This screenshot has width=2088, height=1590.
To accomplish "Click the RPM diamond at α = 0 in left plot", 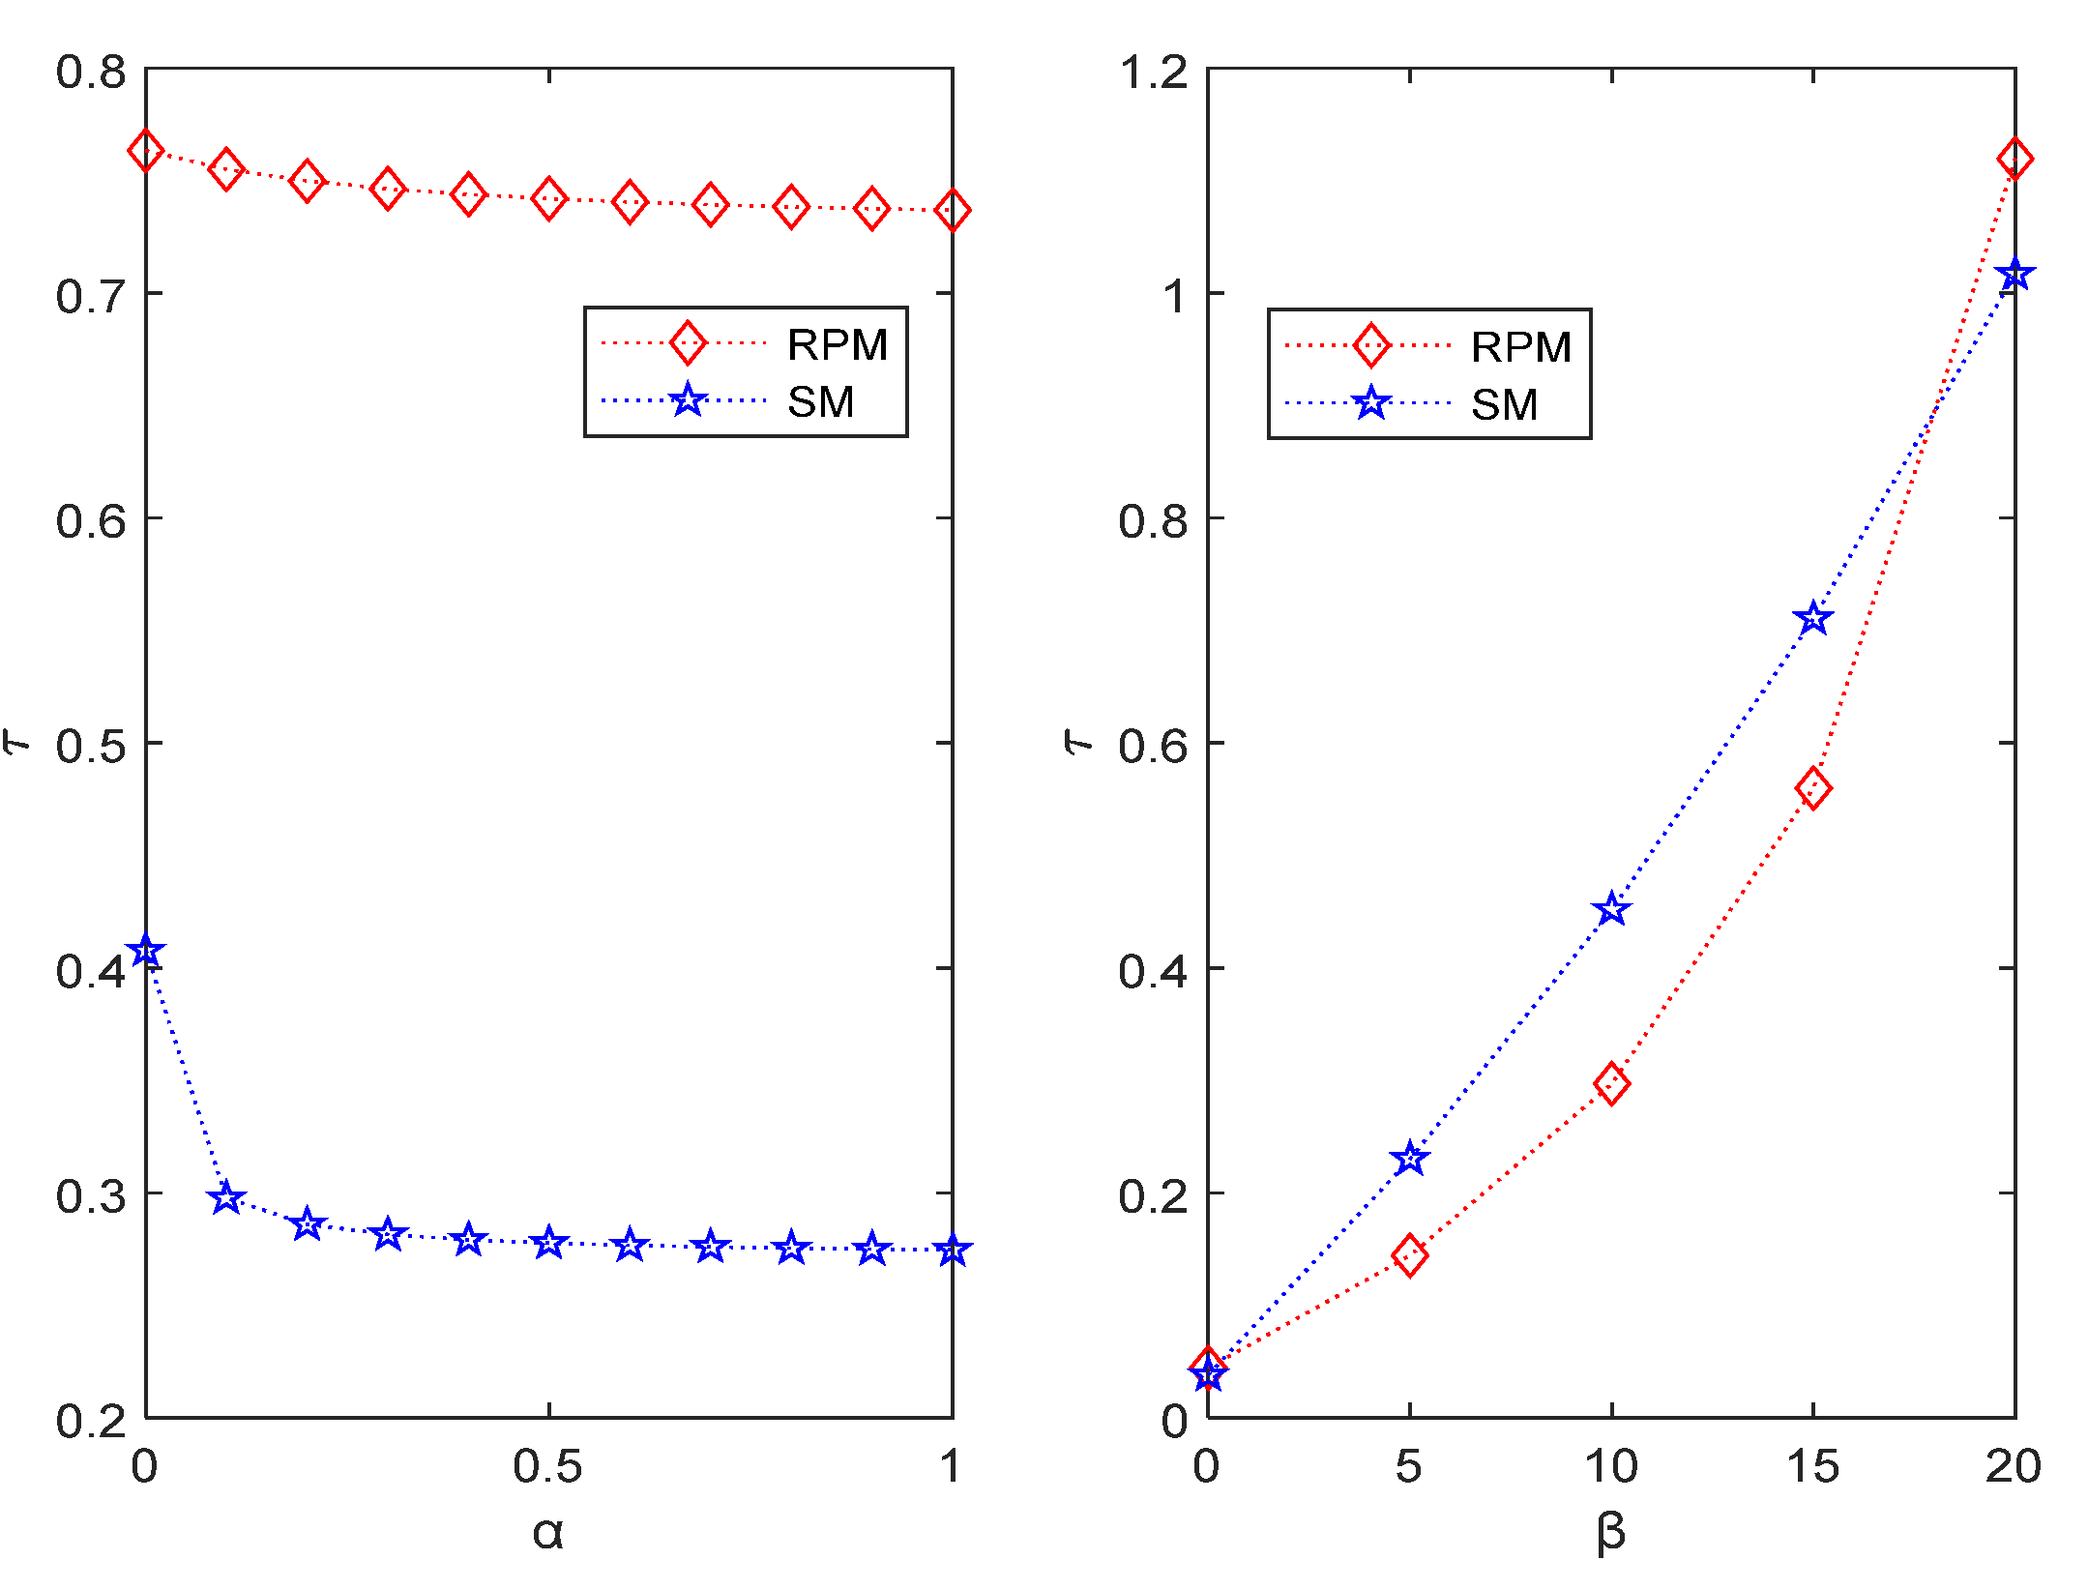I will coord(146,150).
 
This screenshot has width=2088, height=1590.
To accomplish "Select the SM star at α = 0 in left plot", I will coord(146,951).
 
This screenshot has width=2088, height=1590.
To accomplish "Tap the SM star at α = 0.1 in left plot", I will coord(226,1198).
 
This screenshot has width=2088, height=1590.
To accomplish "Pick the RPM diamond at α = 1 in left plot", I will coord(953,210).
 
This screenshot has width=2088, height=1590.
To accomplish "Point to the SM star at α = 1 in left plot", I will coord(953,1250).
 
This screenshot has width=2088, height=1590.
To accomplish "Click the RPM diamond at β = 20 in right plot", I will coord(2014,159).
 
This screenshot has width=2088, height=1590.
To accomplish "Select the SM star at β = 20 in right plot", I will coord(2014,275).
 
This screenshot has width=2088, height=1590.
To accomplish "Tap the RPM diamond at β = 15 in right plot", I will coord(1813,788).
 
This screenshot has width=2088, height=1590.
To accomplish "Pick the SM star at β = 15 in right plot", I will coord(1813,618).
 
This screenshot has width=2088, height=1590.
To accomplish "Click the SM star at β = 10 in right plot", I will coord(1611,909).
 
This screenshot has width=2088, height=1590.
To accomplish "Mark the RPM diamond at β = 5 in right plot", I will coord(1410,1255).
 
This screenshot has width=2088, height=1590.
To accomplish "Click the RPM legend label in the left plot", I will coord(837,345).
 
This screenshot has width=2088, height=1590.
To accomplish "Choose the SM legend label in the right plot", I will coord(1504,404).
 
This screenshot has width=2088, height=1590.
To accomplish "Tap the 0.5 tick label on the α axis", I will coord(548,1467).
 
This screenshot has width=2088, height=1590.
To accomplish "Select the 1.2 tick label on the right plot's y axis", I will coord(1154,73).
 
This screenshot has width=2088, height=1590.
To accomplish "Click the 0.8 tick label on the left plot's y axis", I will coord(91,73).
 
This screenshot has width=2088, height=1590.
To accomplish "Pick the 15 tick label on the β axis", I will coord(1813,1467).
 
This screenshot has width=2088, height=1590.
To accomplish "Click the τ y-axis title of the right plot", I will coord(1077,742).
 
